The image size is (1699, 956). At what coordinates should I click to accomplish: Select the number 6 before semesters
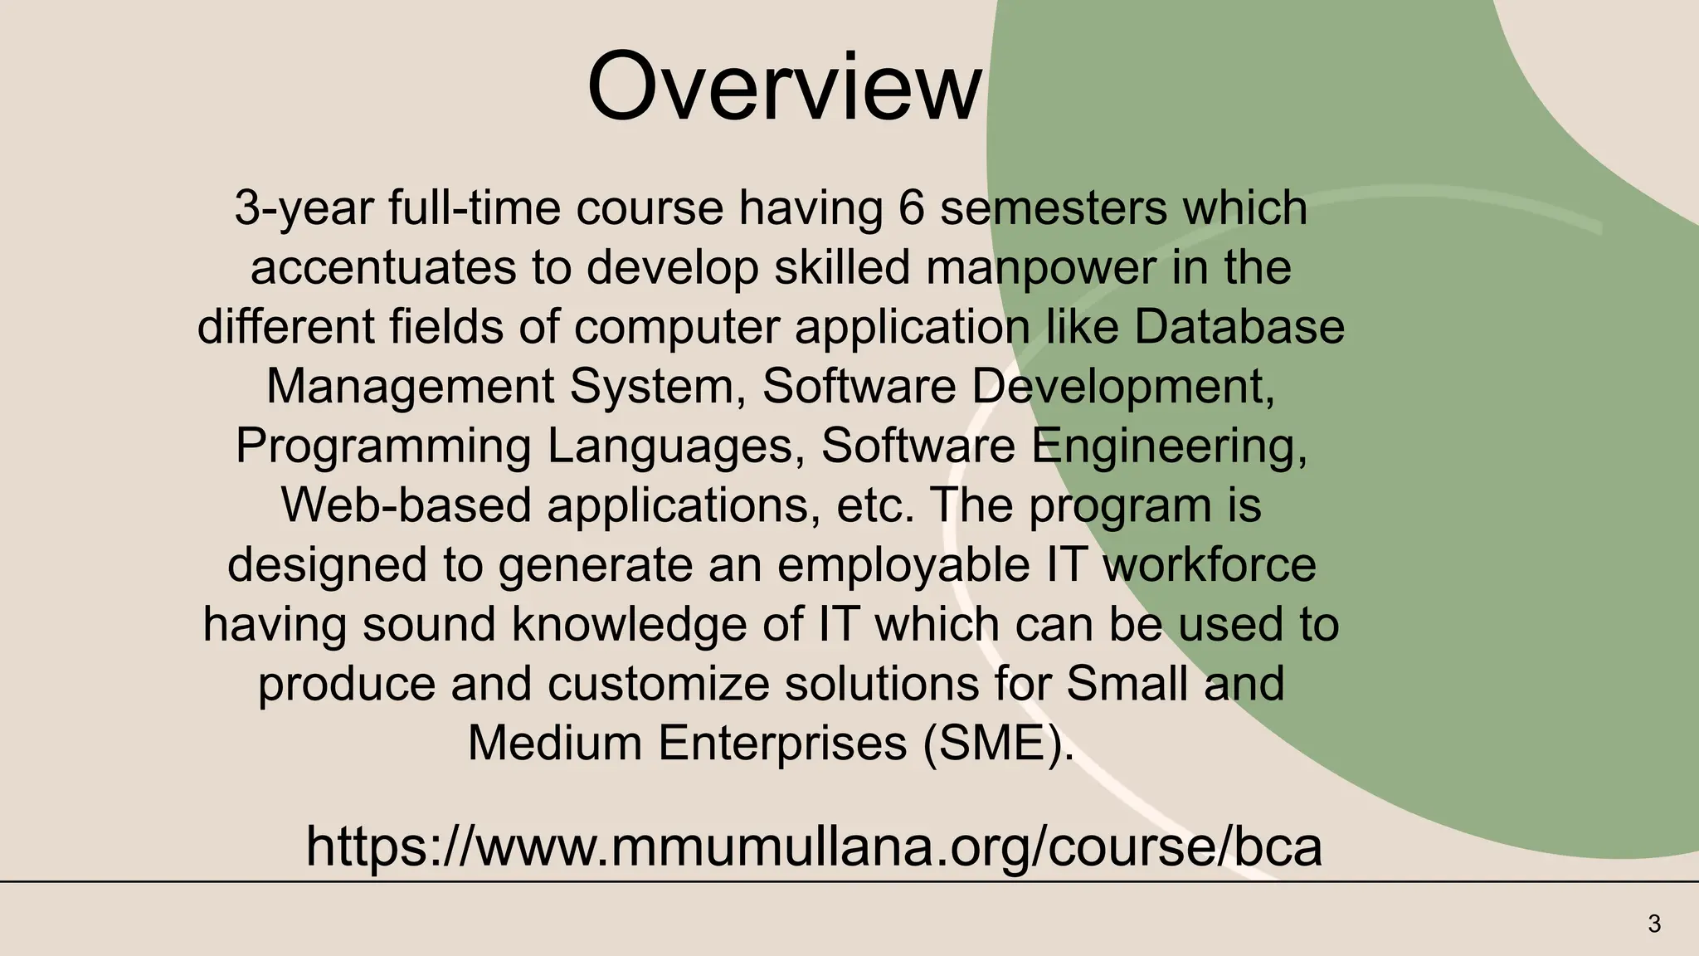coord(911,207)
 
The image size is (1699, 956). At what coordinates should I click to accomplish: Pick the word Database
coord(1239,327)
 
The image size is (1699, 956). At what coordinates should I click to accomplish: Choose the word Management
coord(410,387)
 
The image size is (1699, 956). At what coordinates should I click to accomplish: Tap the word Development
coord(1122,387)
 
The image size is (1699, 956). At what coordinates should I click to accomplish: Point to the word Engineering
coord(1169,446)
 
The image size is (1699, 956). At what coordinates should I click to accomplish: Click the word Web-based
coord(406,505)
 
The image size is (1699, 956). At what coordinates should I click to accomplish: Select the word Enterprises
coord(782,743)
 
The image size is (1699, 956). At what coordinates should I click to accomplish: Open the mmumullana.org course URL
coord(813,846)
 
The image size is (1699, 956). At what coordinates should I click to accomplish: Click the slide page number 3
coord(1654,924)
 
